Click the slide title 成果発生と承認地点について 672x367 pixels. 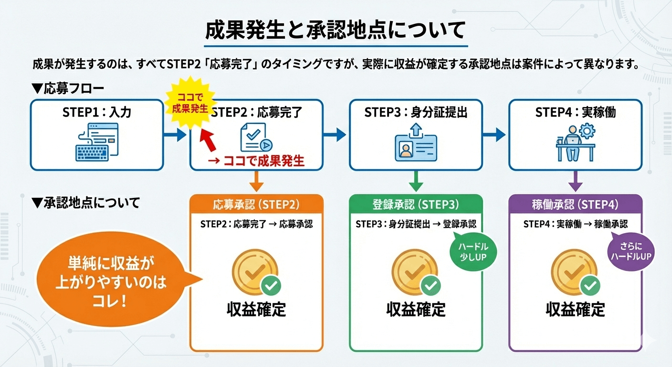pos(336,30)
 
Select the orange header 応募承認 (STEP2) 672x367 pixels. pos(256,205)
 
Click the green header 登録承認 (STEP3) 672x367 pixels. pos(416,205)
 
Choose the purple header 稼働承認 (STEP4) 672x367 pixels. pos(575,205)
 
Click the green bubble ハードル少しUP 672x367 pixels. pos(473,252)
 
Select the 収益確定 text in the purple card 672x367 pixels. pos(575,309)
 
